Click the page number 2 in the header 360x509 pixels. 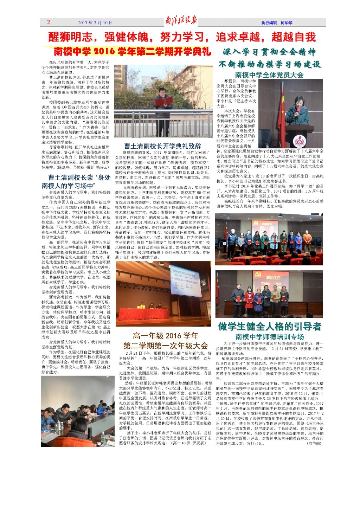(x=49, y=22)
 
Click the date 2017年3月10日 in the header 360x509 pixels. (x=95, y=22)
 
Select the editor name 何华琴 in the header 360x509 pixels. (x=286, y=22)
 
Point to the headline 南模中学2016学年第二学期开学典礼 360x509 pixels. (x=132, y=51)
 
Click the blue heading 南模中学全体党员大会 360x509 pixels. (x=269, y=75)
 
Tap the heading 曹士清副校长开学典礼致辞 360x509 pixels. (x=162, y=146)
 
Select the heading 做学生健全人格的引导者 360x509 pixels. (x=270, y=326)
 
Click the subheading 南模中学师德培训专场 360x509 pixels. (x=269, y=336)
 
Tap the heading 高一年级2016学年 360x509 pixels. (x=165, y=336)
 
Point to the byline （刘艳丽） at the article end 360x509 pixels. (x=314, y=443)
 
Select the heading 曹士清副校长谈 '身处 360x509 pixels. (x=79, y=178)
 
